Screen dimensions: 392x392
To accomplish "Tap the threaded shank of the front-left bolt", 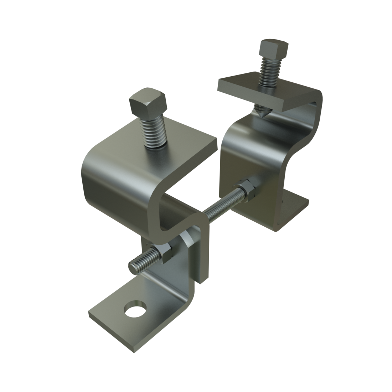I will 154,132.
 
